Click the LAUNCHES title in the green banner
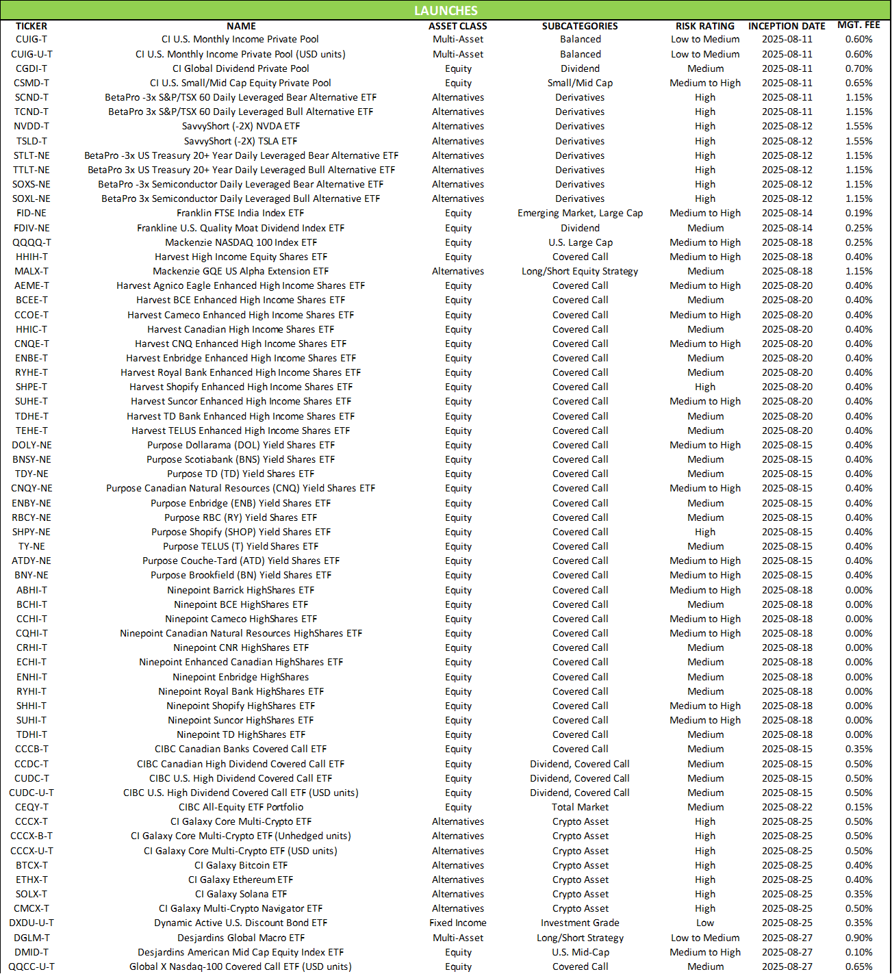click(446, 10)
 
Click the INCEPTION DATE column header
click(787, 26)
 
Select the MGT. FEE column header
click(858, 25)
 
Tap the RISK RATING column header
click(705, 26)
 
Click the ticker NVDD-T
click(31, 126)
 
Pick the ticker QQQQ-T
click(31, 242)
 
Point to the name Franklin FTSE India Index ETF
click(240, 213)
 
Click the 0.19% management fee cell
click(858, 213)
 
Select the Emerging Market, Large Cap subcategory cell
click(580, 213)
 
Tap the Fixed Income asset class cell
click(458, 923)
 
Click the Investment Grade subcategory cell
click(580, 923)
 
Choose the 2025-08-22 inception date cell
click(787, 807)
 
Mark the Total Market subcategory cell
click(580, 807)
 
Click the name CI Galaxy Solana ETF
click(240, 894)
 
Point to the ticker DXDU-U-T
click(31, 923)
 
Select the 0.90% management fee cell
click(858, 938)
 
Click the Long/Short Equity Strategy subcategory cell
click(580, 271)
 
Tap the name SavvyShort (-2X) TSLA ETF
click(240, 141)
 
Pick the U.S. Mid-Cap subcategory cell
click(580, 952)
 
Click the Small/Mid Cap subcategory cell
click(580, 83)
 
